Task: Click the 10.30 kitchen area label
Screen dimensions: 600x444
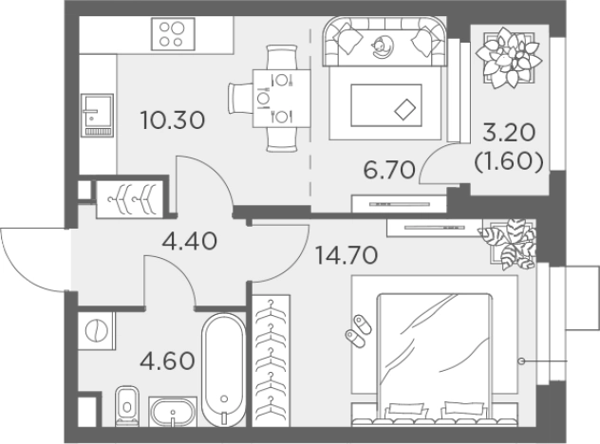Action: (173, 120)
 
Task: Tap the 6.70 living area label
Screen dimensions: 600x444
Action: (389, 170)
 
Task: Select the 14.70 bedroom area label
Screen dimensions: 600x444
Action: (347, 255)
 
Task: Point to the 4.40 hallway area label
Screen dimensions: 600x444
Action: (190, 241)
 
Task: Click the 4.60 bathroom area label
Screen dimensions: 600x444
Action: (167, 361)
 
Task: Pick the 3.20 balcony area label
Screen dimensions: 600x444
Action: (509, 134)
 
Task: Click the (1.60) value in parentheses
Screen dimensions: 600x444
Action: (509, 162)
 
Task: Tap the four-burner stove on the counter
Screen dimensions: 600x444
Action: (173, 33)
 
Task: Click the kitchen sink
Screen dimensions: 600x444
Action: (97, 116)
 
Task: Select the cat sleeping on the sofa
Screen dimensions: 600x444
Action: (382, 46)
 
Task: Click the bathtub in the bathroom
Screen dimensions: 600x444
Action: (224, 370)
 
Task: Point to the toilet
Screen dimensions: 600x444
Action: (127, 405)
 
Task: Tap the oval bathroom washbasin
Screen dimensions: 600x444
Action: (173, 413)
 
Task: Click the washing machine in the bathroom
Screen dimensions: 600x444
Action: (97, 330)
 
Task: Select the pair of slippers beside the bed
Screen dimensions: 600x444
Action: (358, 331)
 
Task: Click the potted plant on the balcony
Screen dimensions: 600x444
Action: (508, 57)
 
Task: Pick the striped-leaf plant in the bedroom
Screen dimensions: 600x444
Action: (508, 243)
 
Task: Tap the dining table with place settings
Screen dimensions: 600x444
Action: (281, 99)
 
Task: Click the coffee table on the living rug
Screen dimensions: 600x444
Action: (386, 105)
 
